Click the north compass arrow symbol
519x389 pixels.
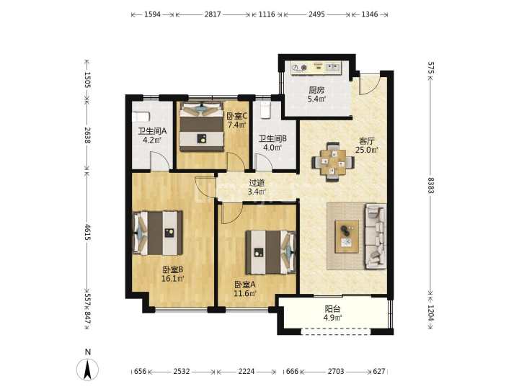tap(87, 370)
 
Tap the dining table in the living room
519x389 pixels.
tap(332, 162)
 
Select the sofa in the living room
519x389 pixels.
tap(376, 237)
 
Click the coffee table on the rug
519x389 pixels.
tap(347, 236)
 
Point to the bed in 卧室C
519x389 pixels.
tap(201, 127)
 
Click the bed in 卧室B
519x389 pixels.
tap(158, 233)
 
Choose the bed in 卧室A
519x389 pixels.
tap(270, 252)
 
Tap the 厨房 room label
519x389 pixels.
tap(316, 89)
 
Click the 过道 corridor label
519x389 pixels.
tap(257, 182)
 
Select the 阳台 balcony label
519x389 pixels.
tap(332, 309)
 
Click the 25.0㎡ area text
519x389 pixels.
tap(367, 150)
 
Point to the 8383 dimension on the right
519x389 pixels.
tap(430, 186)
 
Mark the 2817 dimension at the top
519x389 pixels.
tap(213, 14)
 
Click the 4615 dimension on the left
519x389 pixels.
tap(87, 232)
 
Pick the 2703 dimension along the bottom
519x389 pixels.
tap(336, 372)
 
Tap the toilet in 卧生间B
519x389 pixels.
tap(265, 110)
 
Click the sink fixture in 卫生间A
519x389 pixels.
tap(141, 117)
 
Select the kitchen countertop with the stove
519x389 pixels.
tap(316, 68)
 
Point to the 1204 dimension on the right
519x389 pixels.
tap(430, 313)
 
